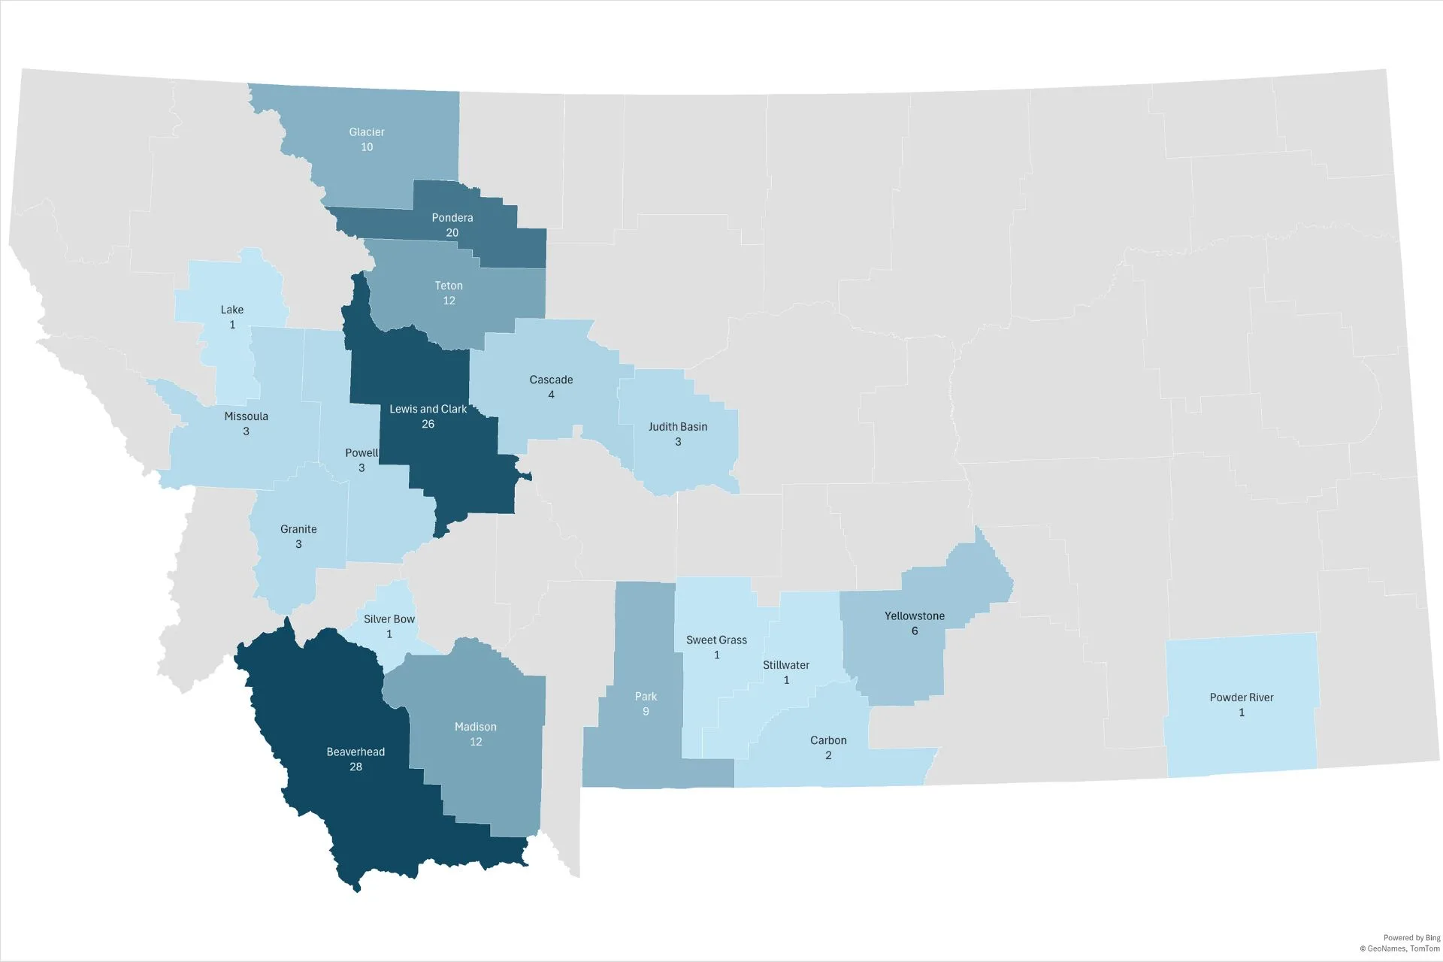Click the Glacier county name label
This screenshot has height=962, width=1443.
tap(367, 132)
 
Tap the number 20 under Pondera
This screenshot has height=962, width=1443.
tap(452, 233)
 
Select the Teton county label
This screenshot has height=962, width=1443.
tap(449, 286)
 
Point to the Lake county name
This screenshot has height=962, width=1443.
tap(232, 310)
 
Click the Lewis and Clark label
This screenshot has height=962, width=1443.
tap(428, 409)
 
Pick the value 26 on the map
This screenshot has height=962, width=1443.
tap(428, 424)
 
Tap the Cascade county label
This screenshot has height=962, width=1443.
tap(551, 380)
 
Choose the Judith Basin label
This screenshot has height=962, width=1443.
tap(678, 427)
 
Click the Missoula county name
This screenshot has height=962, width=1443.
tap(247, 416)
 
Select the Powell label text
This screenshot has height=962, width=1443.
tap(362, 452)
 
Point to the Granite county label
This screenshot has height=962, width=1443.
tap(298, 529)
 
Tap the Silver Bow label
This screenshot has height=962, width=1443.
tap(389, 619)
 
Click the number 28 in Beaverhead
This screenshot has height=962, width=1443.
tap(355, 767)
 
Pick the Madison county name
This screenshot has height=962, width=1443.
tap(476, 727)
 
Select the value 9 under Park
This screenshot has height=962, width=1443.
tap(646, 712)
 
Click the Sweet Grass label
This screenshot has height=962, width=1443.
tap(716, 640)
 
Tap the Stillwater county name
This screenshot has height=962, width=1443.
tap(786, 665)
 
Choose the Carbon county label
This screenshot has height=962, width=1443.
tap(828, 740)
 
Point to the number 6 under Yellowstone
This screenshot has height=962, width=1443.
tap(915, 631)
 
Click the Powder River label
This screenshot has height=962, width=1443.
tap(1242, 697)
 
